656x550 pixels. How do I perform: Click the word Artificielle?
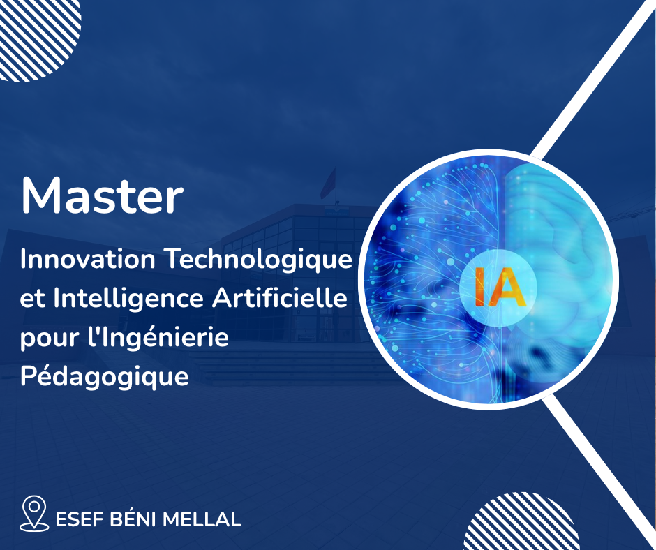pos(280,299)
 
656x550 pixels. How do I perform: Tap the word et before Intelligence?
pos(33,299)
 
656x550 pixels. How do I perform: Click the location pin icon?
pos(34,514)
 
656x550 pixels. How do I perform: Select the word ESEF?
pos(80,519)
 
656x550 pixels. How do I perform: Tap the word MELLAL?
pos(202,519)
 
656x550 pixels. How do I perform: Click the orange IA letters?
pos(499,288)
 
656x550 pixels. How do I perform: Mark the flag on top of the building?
pos(329,184)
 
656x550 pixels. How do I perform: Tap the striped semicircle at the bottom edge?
pos(521,524)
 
